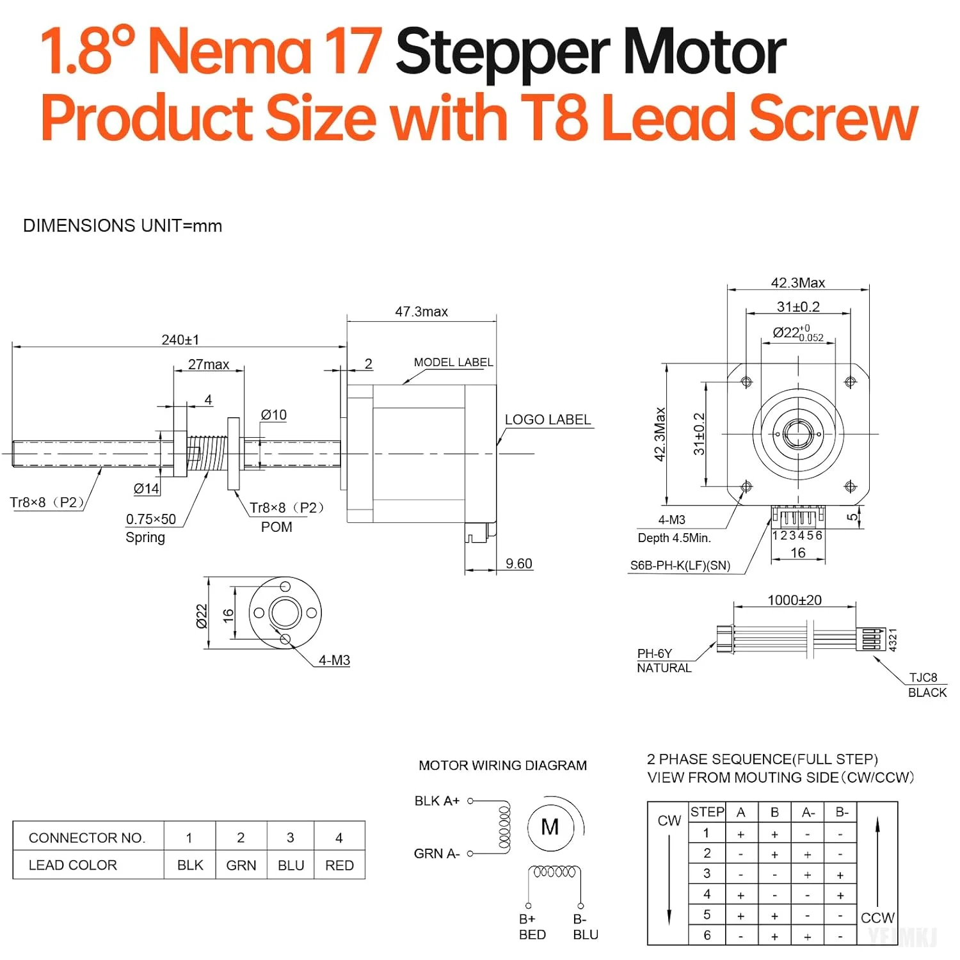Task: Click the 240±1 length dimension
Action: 180,340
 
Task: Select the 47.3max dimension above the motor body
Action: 421,312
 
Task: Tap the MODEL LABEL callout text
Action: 453,362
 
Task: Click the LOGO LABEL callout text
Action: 547,420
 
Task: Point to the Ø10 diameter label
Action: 273,415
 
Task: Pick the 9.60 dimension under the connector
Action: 518,564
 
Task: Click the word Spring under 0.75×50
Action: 145,538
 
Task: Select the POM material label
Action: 276,527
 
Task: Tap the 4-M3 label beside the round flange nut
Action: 334,660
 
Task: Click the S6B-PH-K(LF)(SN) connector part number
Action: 680,565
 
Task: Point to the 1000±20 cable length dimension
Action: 794,600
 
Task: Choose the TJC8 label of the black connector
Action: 923,677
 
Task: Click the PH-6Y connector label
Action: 654,653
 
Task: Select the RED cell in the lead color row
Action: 339,865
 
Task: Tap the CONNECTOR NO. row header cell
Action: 87,838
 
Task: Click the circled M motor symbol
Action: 550,828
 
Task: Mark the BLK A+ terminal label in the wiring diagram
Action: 436,801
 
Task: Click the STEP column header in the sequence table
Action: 707,812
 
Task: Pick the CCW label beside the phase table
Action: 877,918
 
